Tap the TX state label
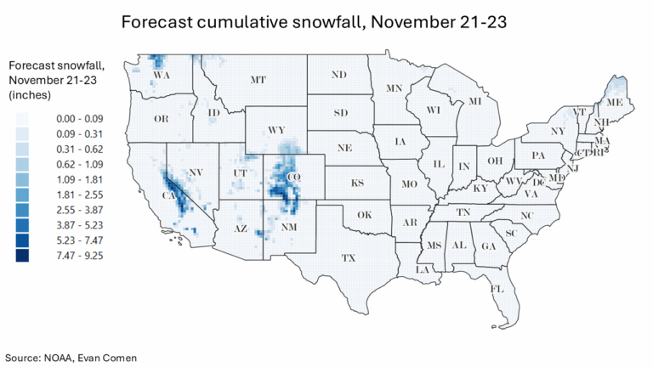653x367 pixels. click(348, 257)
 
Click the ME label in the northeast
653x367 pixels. click(612, 102)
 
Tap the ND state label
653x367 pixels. click(338, 75)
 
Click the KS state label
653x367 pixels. click(358, 183)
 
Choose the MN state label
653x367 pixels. click(394, 88)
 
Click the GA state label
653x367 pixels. click(488, 246)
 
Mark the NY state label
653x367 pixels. click(557, 132)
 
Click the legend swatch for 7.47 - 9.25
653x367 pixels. click(21, 254)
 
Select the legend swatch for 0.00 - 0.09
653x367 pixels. click(21, 119)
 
